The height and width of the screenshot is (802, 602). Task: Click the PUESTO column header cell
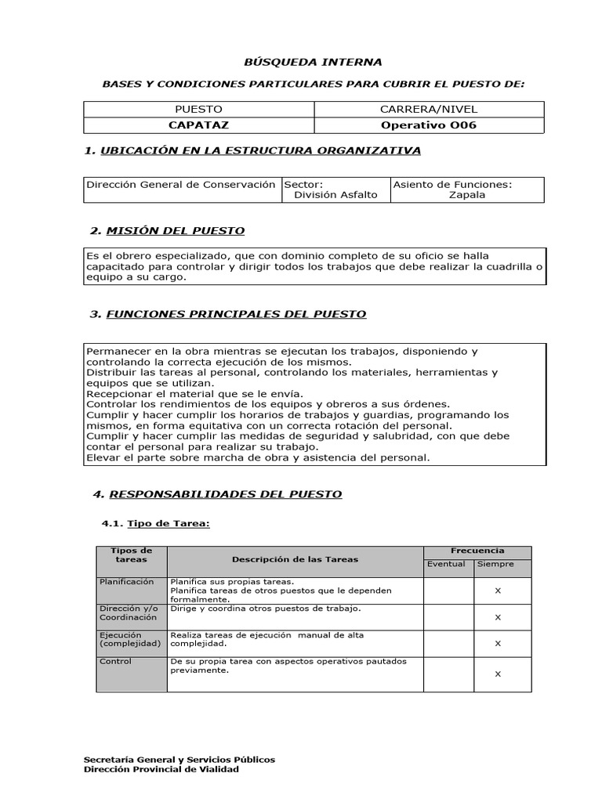[198, 110]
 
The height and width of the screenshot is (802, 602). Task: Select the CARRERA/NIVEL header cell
[428, 110]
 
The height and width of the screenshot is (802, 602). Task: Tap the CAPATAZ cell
[198, 125]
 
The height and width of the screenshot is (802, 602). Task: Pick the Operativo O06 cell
[428, 125]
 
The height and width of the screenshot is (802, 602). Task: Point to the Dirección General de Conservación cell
[181, 185]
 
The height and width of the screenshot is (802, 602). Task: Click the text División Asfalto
[335, 195]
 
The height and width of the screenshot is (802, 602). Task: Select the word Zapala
[466, 195]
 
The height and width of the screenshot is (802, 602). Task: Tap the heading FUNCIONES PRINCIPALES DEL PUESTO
[235, 314]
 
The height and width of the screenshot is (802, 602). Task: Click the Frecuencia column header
[477, 551]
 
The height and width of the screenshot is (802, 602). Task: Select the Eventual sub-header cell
[446, 564]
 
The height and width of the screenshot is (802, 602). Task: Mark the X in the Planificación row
[498, 591]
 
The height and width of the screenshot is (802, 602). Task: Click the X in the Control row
[498, 674]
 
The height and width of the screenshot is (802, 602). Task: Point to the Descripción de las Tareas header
[295, 559]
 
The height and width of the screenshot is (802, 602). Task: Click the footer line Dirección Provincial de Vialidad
[161, 769]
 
